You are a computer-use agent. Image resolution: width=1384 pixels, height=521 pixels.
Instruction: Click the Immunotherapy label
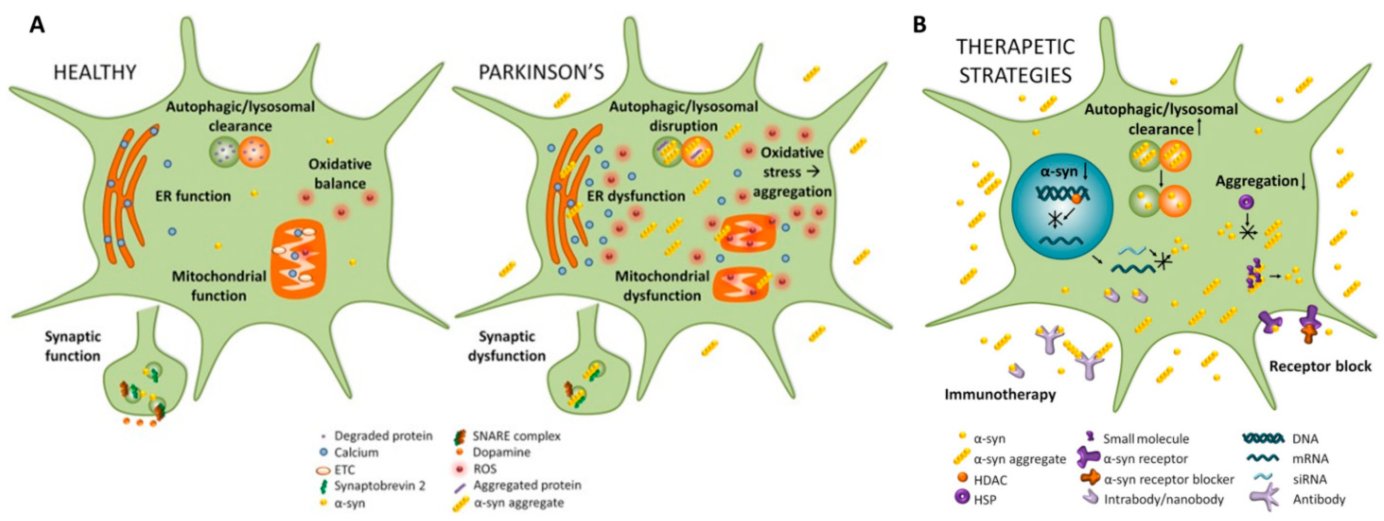(x=1000, y=395)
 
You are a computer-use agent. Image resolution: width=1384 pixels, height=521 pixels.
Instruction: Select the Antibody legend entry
(x=1319, y=499)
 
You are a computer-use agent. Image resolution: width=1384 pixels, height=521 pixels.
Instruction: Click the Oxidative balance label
(x=340, y=173)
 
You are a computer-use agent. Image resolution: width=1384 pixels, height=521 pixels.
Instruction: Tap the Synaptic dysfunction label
(x=506, y=346)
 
